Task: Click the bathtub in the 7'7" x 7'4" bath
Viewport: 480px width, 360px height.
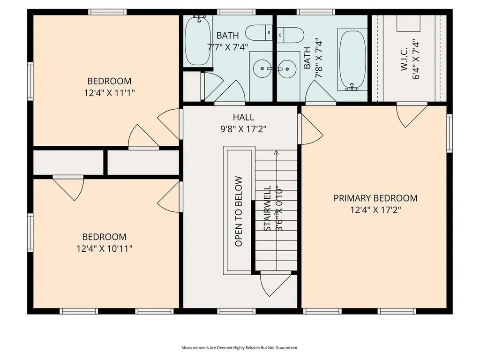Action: (x=197, y=41)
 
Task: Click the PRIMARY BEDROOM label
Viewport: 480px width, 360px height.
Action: (x=375, y=198)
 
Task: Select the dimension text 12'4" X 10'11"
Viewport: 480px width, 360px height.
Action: (x=104, y=249)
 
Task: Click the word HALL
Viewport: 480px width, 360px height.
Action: (x=243, y=117)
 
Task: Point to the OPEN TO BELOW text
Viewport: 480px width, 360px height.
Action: (x=239, y=211)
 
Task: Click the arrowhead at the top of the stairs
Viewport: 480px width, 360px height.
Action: (x=276, y=152)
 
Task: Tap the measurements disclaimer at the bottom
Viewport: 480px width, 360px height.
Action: (x=240, y=348)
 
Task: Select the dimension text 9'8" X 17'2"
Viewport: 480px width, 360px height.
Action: (x=243, y=129)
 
